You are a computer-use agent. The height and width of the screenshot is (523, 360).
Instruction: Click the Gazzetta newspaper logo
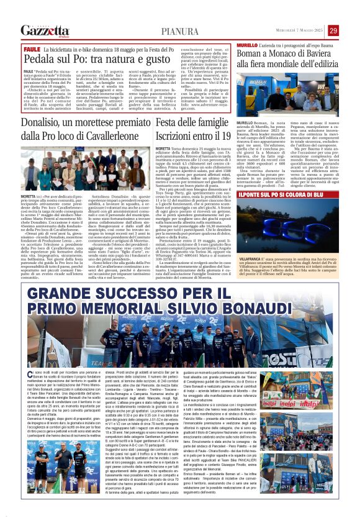tap(44, 30)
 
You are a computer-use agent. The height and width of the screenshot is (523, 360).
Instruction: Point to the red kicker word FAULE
tap(31, 48)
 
